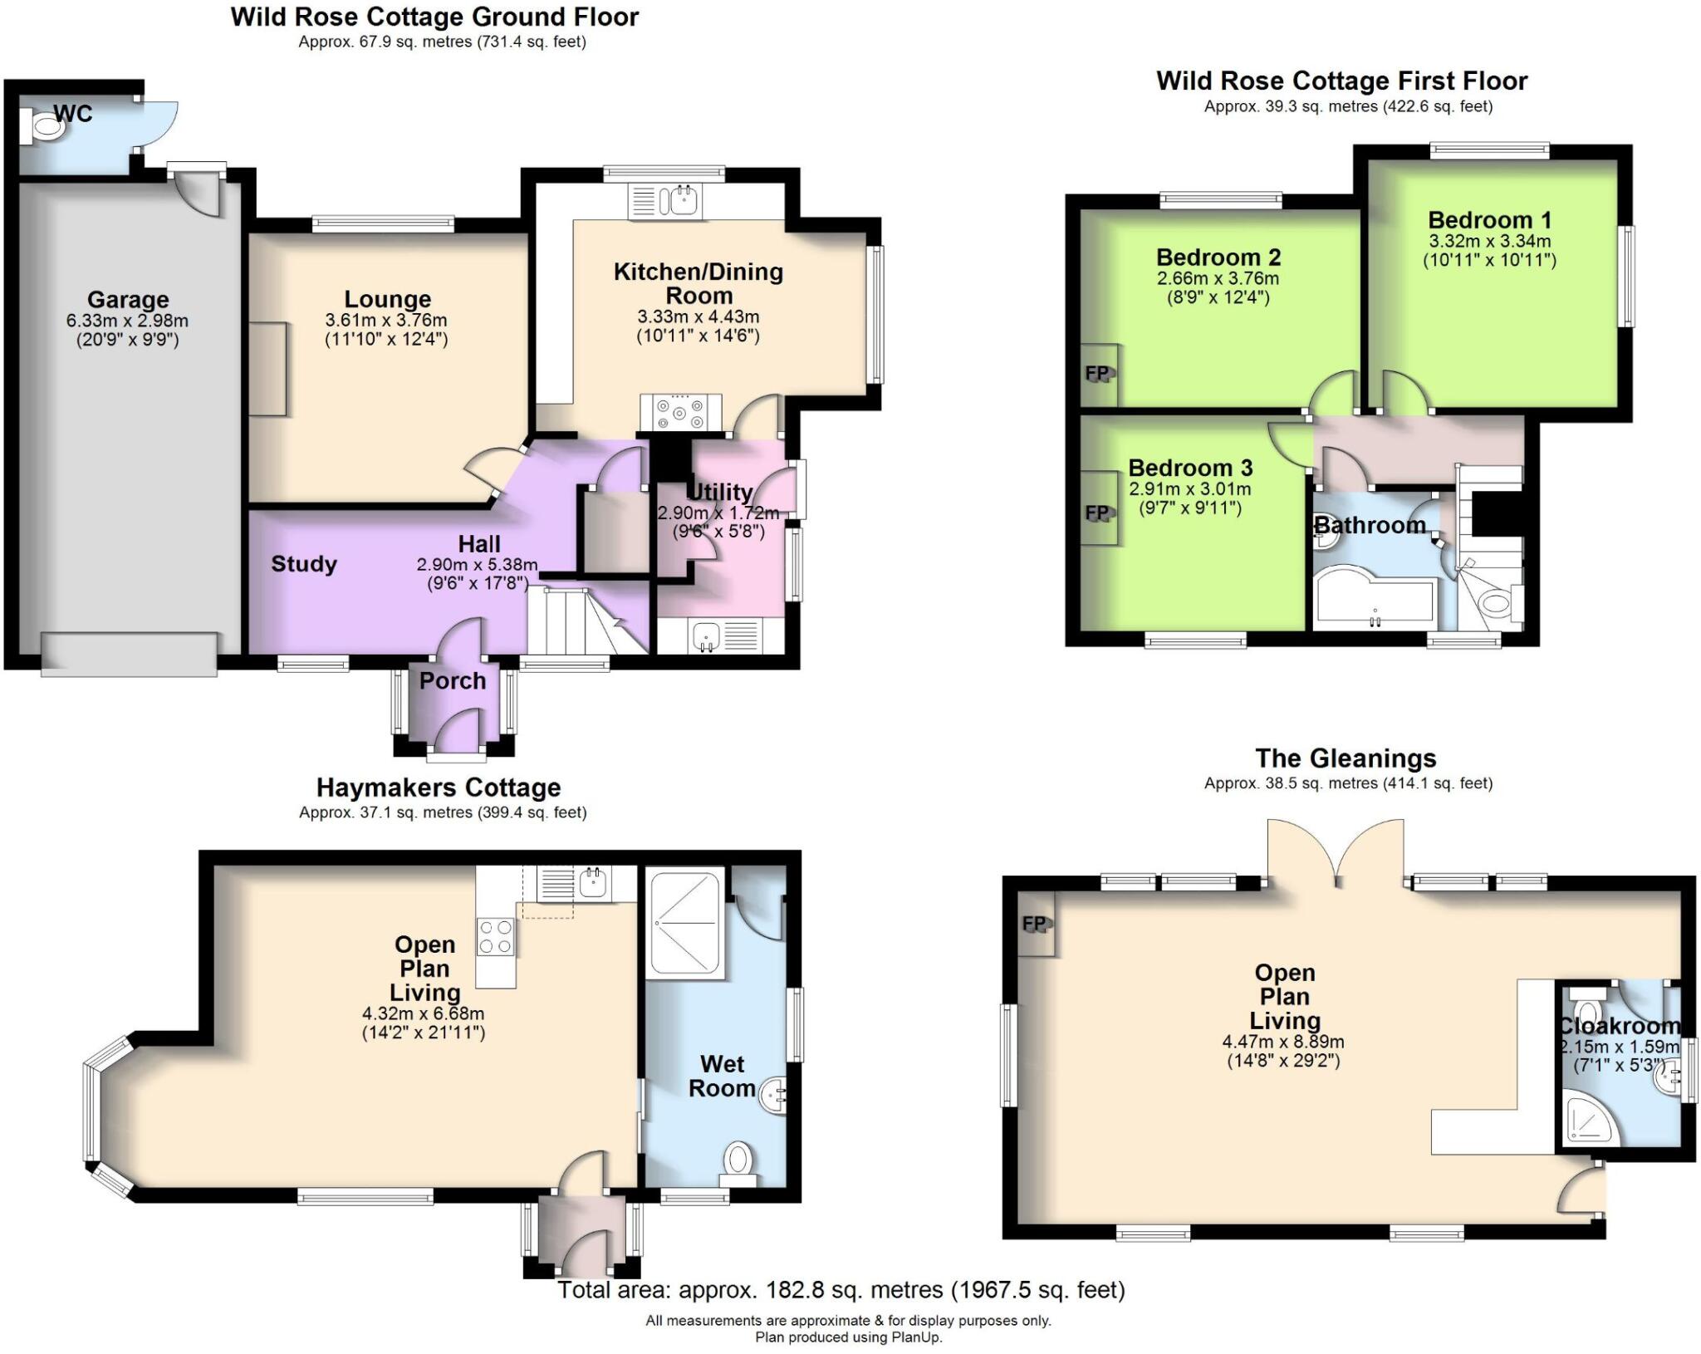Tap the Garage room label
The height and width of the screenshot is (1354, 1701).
tap(128, 299)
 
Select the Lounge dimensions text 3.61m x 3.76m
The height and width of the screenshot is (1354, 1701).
tap(386, 320)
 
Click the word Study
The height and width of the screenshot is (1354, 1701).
tap(304, 564)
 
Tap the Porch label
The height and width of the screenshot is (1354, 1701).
tap(452, 680)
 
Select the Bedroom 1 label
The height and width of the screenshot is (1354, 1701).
tap(1489, 220)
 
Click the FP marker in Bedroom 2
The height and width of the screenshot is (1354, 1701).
tap(1097, 373)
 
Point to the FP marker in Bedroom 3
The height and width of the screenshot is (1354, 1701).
tap(1097, 513)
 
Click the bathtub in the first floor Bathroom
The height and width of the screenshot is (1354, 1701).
tap(1375, 598)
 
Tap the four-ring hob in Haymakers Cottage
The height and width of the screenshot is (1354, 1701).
tap(496, 937)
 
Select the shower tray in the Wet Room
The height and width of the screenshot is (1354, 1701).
tap(686, 921)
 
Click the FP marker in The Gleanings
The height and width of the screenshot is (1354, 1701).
tap(1034, 923)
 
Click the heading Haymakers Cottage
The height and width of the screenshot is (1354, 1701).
tap(438, 787)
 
